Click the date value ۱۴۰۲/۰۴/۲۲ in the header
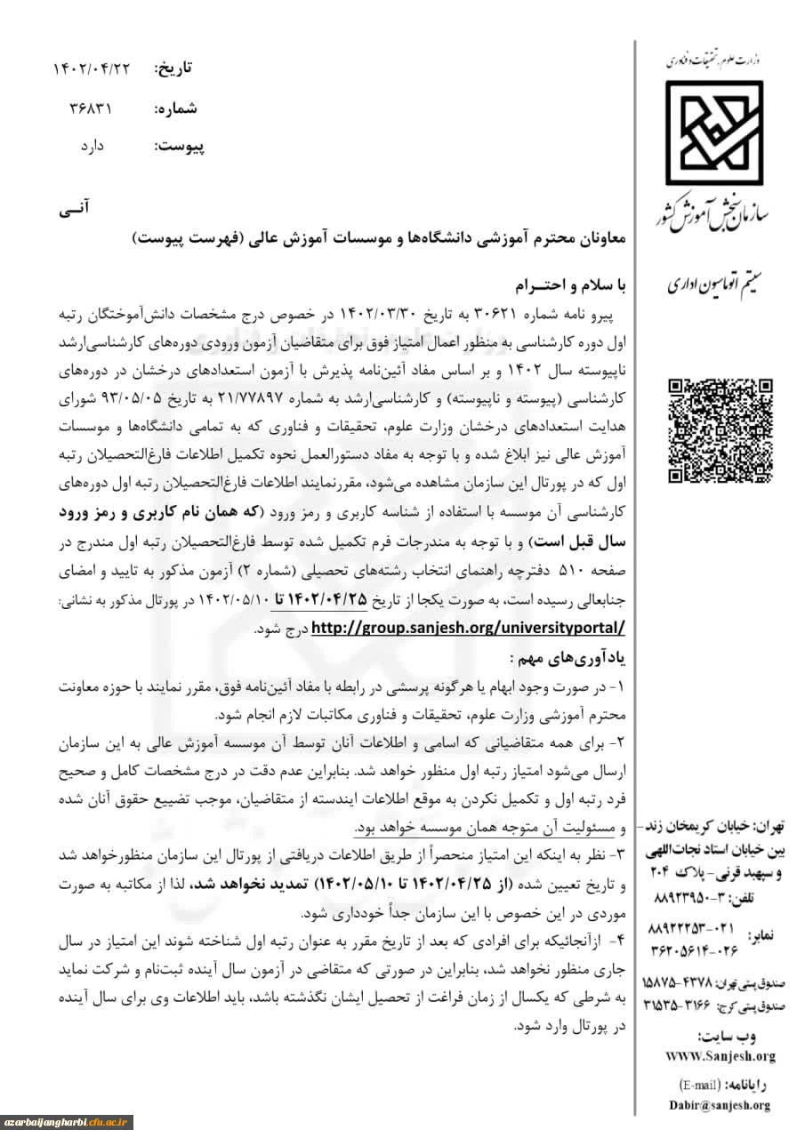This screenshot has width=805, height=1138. pos(91,68)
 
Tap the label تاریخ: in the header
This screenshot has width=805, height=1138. pos(173,68)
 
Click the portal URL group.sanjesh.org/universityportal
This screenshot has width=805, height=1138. pos(468,628)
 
